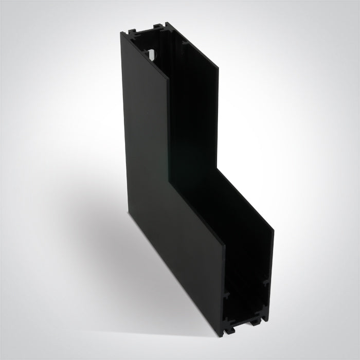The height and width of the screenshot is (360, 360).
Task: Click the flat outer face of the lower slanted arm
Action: coord(180,257)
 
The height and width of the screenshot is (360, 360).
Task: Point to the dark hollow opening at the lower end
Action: coord(247,288)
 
